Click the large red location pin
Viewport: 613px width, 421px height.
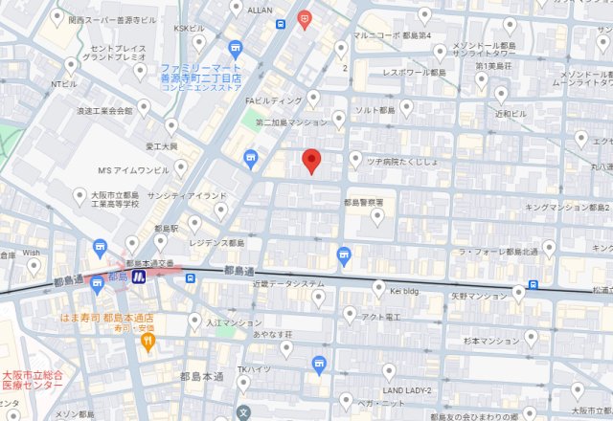(x=310, y=162)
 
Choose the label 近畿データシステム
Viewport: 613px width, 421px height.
(x=288, y=284)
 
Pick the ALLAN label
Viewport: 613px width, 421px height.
(x=260, y=9)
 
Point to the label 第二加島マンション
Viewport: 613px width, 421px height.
(x=291, y=122)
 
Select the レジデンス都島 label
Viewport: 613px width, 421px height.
(x=216, y=243)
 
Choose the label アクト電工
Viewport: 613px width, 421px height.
(x=379, y=316)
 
